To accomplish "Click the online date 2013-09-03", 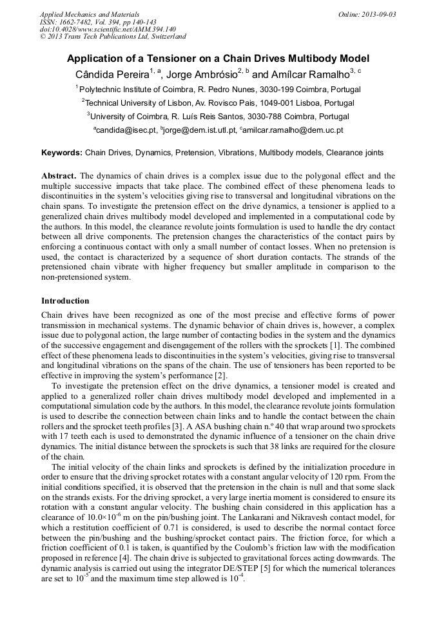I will [x=379, y=14].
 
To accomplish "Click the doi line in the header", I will [x=108, y=30].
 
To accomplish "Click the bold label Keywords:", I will [x=62, y=153].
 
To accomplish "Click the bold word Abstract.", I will [x=59, y=176].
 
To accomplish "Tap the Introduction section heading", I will [x=65, y=301].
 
